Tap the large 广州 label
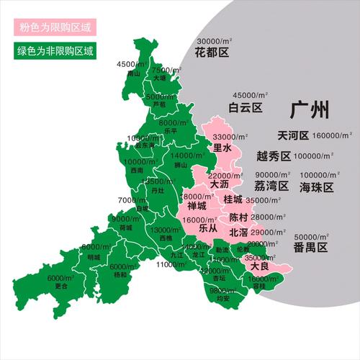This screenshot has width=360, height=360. (x=310, y=110)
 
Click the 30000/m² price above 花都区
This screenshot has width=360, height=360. (x=218, y=42)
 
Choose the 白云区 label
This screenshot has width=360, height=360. (x=245, y=108)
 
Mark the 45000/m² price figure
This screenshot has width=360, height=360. (x=250, y=95)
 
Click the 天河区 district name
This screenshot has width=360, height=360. (x=293, y=136)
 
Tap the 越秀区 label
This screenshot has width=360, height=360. (x=273, y=156)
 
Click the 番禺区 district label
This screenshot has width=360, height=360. (x=310, y=248)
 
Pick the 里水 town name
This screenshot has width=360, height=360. (x=222, y=148)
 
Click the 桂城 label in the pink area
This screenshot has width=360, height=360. (x=234, y=199)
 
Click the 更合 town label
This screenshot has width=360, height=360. (x=61, y=286)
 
